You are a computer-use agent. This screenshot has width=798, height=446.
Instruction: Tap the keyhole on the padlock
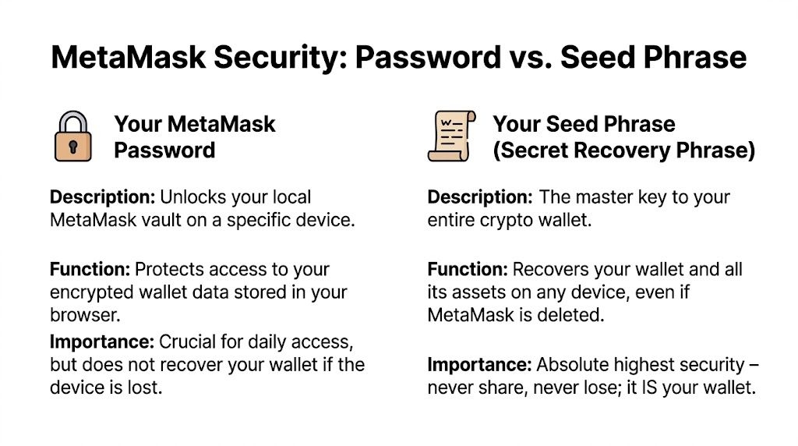[72, 146]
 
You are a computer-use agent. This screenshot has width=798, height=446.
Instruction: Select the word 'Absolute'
[572, 364]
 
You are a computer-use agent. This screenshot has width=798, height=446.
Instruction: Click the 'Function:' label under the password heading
[90, 270]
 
